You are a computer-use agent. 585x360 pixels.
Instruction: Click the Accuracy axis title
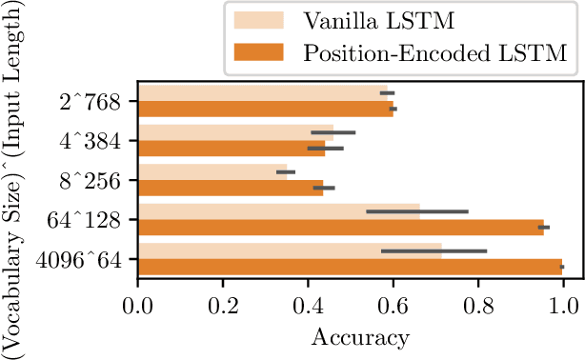[350, 337]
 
